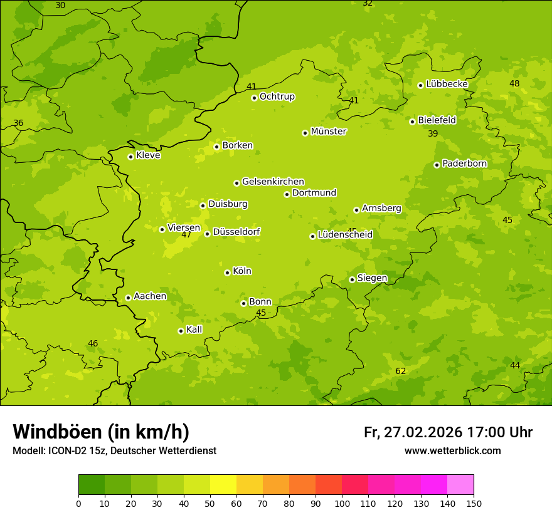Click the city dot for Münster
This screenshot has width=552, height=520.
click(x=305, y=133)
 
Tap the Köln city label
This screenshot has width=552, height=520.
click(x=242, y=271)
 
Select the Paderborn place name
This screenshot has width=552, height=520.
click(x=464, y=164)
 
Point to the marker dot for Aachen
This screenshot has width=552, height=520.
click(x=128, y=298)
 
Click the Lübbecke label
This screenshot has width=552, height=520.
click(x=447, y=84)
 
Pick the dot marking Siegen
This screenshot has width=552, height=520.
click(x=352, y=279)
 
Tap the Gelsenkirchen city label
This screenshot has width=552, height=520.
click(x=273, y=182)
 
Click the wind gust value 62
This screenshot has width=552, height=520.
click(x=400, y=371)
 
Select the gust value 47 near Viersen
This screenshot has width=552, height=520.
click(x=186, y=235)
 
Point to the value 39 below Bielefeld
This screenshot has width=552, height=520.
click(x=433, y=133)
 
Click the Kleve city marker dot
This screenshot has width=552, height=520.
click(x=130, y=157)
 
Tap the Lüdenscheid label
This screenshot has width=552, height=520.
click(x=345, y=235)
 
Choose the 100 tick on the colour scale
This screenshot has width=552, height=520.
click(x=342, y=503)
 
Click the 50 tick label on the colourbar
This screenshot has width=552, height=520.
click(x=210, y=503)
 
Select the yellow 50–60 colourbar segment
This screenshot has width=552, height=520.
click(x=223, y=485)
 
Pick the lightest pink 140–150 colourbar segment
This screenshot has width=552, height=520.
click(x=460, y=485)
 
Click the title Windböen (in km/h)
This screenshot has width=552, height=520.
click(x=101, y=432)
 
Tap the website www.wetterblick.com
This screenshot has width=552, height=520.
click(x=452, y=450)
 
